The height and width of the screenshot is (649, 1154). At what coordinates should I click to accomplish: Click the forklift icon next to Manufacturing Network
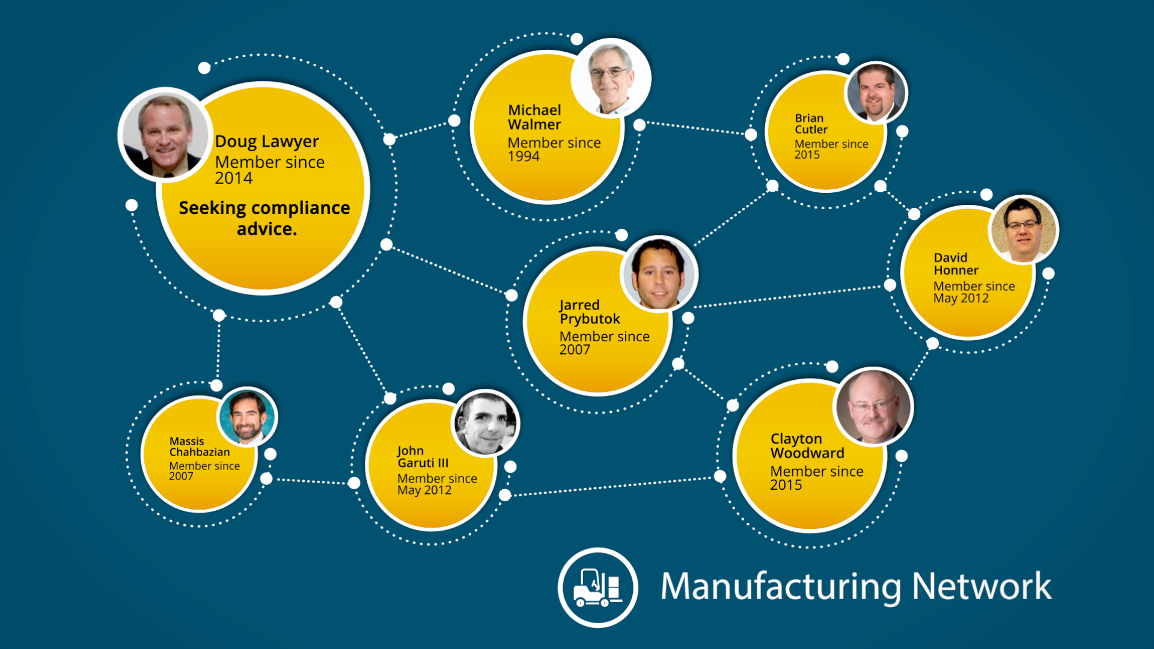click(x=597, y=587)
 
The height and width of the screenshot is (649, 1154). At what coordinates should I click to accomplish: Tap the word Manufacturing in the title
click(x=781, y=587)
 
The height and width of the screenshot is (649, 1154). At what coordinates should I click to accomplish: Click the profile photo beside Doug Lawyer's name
click(x=164, y=136)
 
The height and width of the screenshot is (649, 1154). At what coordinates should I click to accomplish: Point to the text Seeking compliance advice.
click(x=264, y=218)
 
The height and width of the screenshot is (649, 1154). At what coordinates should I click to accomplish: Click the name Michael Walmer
click(x=534, y=117)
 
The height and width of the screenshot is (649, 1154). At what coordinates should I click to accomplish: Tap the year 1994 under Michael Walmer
click(x=524, y=157)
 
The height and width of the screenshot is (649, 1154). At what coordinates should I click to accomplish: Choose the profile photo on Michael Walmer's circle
click(x=611, y=78)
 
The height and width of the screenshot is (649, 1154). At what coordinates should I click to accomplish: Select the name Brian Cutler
click(x=811, y=124)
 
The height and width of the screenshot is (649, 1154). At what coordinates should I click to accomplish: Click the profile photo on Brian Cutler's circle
click(x=876, y=93)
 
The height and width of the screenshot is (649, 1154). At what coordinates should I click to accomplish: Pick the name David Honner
click(x=956, y=264)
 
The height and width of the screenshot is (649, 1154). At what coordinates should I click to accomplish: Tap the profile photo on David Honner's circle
click(x=1023, y=230)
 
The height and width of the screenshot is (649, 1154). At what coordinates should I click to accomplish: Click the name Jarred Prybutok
click(x=589, y=312)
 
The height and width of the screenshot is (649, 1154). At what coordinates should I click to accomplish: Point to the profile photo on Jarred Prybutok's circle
click(x=659, y=273)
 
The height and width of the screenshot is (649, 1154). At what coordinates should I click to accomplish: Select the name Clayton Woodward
click(x=807, y=446)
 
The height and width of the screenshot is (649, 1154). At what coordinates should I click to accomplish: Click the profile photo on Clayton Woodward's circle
click(x=873, y=407)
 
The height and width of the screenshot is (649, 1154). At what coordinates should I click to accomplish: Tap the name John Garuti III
click(x=423, y=457)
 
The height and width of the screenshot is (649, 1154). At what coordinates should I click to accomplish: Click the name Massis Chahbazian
click(x=199, y=446)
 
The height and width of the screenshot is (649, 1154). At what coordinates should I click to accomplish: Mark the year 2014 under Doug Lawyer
click(x=234, y=178)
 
